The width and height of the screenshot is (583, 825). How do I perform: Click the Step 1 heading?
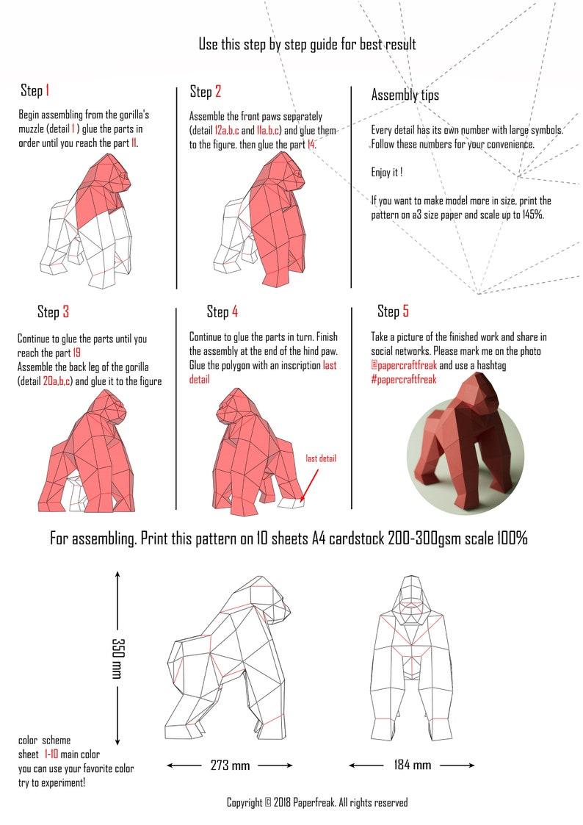tap(35, 91)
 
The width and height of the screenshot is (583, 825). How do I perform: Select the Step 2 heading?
tap(206, 92)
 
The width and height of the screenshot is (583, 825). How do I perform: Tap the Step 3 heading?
tap(53, 312)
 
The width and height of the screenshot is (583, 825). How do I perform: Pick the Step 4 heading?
tap(222, 312)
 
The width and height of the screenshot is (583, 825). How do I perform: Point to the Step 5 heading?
tap(393, 311)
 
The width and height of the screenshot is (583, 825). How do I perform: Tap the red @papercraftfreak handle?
tap(405, 365)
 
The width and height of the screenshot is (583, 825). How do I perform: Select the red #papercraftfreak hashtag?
tap(404, 379)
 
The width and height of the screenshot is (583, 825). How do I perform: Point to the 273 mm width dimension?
tap(230, 765)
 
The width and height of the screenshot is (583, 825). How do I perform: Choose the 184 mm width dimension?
tap(412, 765)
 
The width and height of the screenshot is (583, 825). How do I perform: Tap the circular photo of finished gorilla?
tap(466, 441)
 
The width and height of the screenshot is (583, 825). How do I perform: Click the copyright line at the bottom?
tap(316, 803)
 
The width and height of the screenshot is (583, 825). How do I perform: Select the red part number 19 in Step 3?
tap(76, 353)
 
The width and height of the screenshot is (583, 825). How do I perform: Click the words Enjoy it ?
tap(387, 173)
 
